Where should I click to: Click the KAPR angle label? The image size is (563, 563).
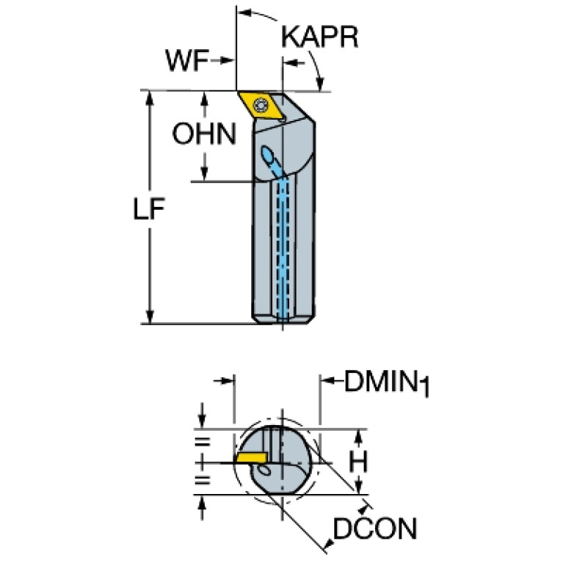[319, 37]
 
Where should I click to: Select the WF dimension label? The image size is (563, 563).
[186, 61]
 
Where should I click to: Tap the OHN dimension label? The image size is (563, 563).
[204, 134]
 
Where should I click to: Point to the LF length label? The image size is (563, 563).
[149, 208]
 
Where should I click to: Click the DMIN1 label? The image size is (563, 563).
[387, 383]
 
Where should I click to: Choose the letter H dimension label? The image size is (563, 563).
[358, 462]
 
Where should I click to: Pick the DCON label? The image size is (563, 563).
[375, 529]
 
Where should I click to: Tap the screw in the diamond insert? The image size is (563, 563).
[261, 106]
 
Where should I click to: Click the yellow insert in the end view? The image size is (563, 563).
[251, 457]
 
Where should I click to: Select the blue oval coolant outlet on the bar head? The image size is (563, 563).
[267, 155]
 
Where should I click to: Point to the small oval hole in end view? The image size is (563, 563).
[264, 470]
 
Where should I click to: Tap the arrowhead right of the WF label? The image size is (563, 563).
[227, 60]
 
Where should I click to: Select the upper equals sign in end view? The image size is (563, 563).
[202, 442]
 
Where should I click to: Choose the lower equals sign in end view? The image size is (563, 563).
[202, 480]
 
